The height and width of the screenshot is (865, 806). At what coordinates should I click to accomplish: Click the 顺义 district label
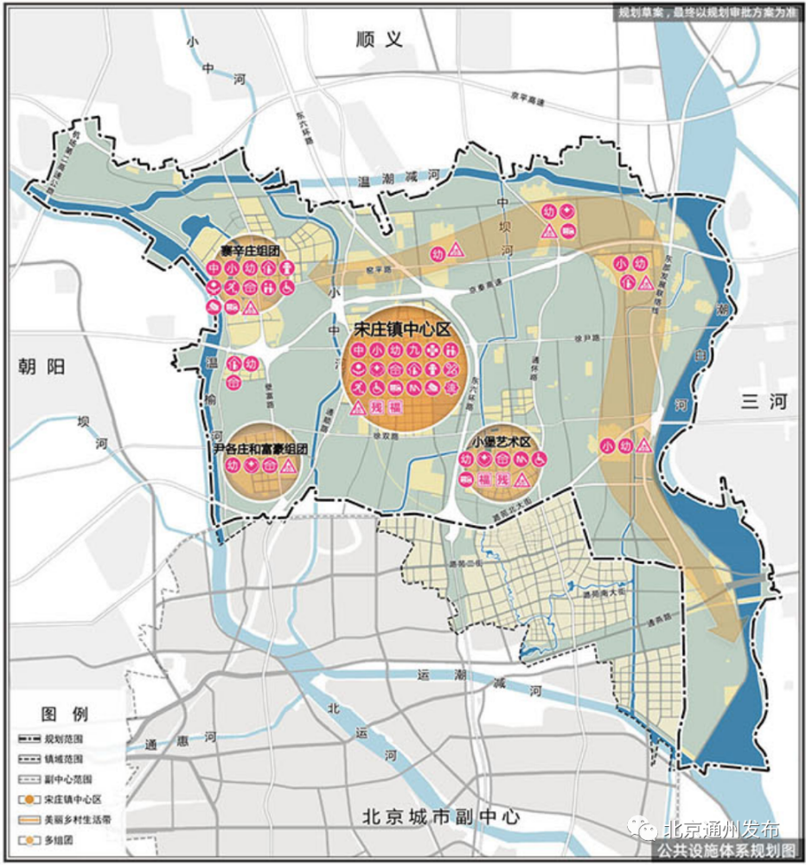(381, 39)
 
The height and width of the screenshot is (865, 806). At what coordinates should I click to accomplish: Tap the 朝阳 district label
(41, 367)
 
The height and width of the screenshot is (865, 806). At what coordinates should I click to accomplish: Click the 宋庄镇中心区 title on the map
(403, 330)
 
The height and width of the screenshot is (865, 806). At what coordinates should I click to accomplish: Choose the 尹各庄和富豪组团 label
(260, 450)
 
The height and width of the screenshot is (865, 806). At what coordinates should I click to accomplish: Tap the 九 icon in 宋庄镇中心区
(414, 350)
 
